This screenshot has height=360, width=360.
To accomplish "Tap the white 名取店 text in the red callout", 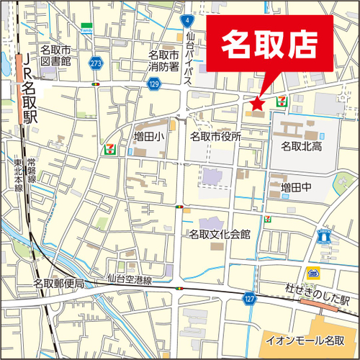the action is coord(270,45).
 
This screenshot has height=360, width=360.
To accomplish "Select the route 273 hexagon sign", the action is coord(96,63).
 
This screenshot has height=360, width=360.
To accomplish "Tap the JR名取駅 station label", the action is coord(30,90).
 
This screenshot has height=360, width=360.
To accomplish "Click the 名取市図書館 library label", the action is coord(55,55).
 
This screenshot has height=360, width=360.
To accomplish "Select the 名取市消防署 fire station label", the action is coord(163,60).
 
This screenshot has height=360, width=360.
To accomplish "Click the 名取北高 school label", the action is coord(300,146).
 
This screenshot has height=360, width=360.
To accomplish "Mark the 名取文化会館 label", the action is coord(220,234).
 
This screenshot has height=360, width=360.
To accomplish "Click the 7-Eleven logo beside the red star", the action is coord(282,102).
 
